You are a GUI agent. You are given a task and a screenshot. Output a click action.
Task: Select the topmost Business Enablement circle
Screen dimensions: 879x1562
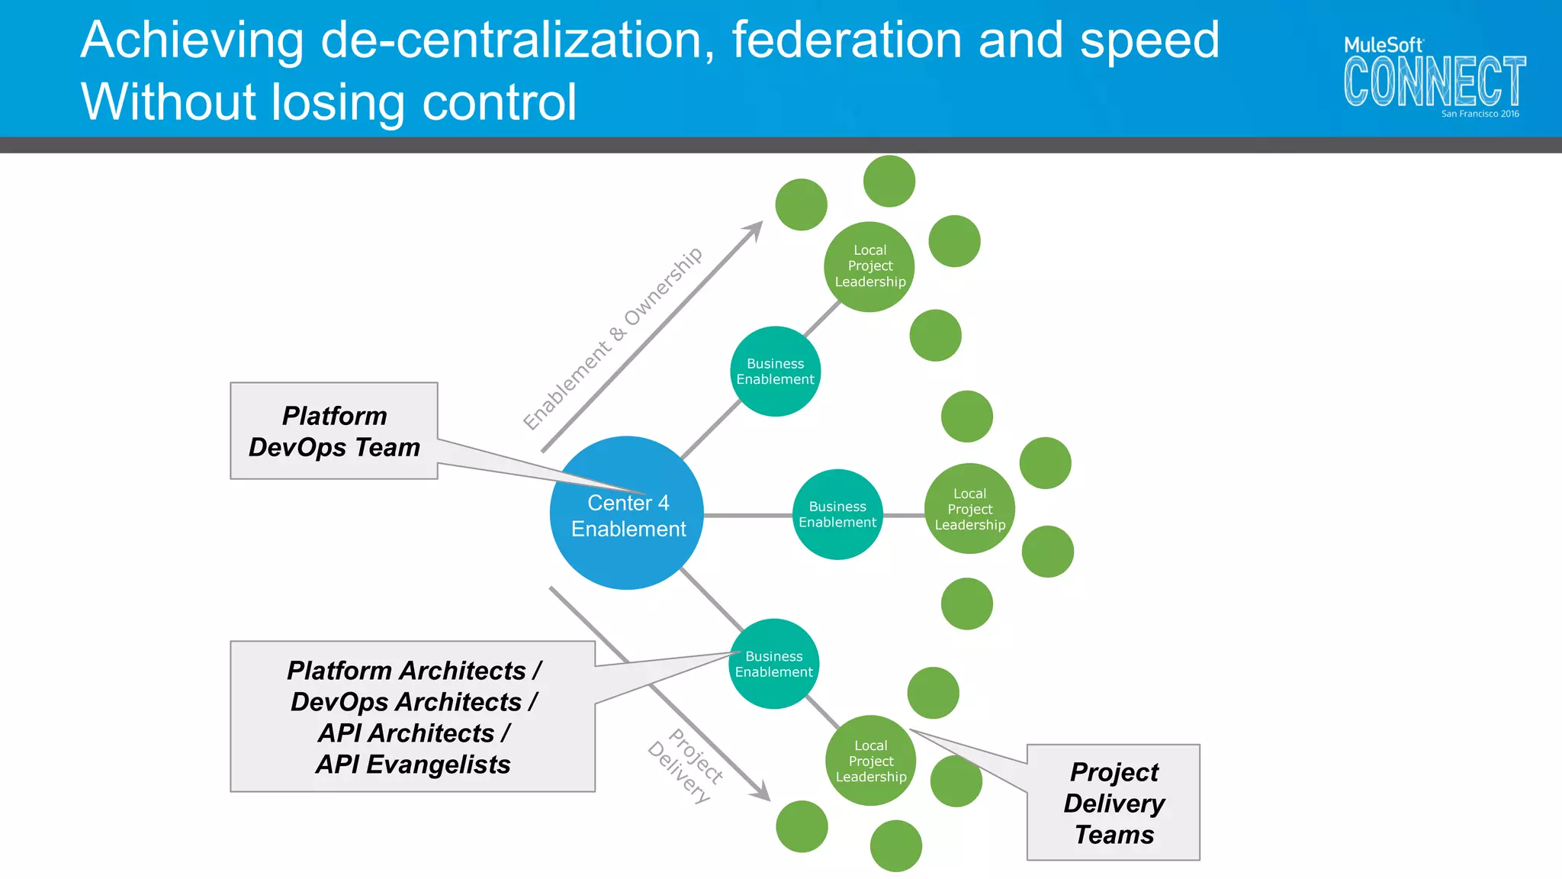point(775,372)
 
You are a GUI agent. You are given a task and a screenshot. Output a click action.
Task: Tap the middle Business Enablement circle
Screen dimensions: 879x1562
point(837,514)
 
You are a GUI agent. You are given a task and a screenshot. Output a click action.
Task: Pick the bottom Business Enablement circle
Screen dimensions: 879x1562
point(773,664)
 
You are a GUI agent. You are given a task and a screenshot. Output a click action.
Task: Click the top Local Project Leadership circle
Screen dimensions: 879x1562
point(869,266)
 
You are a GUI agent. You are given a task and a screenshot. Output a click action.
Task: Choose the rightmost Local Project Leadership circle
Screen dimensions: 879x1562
point(969,509)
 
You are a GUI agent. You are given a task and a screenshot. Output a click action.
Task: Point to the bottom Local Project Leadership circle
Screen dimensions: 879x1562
point(870,761)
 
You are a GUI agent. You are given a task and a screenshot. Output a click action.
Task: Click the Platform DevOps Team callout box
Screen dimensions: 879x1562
point(334,431)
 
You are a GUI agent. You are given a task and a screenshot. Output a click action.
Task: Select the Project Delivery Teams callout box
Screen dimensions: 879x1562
point(1114,803)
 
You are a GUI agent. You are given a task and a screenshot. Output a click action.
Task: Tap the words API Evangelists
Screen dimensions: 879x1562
point(413,765)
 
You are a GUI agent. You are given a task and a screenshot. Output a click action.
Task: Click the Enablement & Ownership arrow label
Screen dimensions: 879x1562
point(612,338)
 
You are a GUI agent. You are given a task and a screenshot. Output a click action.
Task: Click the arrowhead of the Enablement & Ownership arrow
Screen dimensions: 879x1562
point(755,229)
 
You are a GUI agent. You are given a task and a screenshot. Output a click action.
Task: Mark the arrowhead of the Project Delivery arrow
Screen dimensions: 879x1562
point(762,794)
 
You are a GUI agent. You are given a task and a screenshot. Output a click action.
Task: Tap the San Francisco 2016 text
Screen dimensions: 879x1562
point(1480,114)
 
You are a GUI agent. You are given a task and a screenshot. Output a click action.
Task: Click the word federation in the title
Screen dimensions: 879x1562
point(847,40)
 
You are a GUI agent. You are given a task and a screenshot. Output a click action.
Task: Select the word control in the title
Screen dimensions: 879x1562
point(500,102)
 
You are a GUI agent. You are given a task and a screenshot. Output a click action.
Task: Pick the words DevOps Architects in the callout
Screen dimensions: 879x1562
point(406,702)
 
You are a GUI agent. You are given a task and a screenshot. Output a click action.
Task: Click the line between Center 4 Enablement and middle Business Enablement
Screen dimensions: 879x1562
point(747,516)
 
